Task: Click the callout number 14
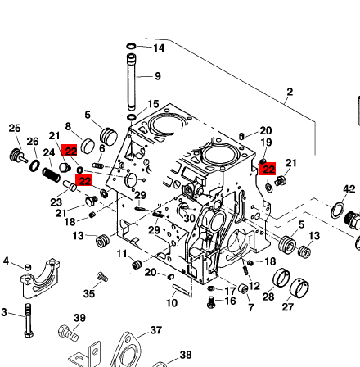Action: [x=159, y=48]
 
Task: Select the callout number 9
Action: [x=158, y=76]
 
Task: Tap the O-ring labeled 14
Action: [x=131, y=46]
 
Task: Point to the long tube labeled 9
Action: [x=131, y=82]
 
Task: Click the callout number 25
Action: [x=15, y=128]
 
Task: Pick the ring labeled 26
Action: [x=34, y=166]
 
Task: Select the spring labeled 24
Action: [x=52, y=175]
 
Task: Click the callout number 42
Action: [x=349, y=189]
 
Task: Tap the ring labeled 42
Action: [x=337, y=211]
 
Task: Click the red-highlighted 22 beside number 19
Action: [x=268, y=169]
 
